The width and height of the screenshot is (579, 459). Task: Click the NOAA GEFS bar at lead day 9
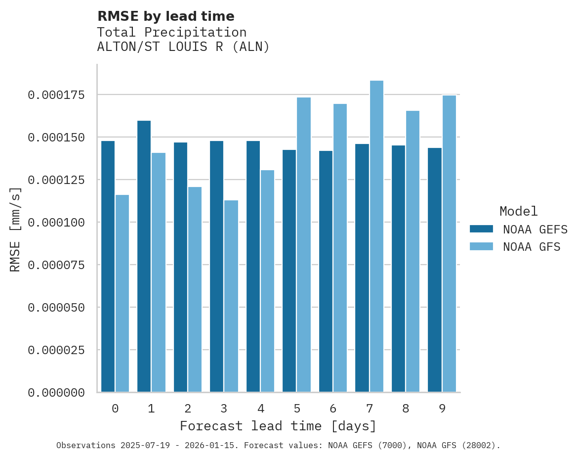[435, 270]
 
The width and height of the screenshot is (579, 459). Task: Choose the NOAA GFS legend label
[532, 247]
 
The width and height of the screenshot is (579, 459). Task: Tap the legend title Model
[518, 211]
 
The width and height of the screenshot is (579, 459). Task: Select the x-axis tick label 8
[406, 409]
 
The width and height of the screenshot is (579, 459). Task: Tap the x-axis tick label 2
[188, 409]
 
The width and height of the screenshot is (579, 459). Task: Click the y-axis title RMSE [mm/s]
[15, 229]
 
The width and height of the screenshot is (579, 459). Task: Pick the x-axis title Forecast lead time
[278, 426]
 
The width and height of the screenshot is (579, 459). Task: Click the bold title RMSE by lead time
[165, 16]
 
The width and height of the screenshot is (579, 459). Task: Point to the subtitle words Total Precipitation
[171, 32]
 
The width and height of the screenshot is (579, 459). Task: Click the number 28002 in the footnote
[479, 445]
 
